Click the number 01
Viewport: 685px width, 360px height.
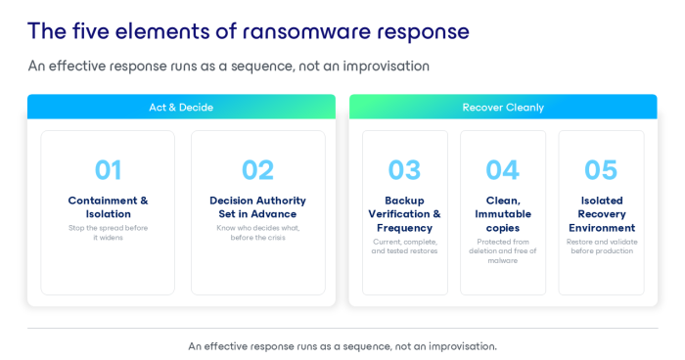pyautogui.click(x=108, y=170)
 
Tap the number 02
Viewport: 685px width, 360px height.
pyautogui.click(x=257, y=170)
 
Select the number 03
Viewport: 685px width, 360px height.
pyautogui.click(x=404, y=170)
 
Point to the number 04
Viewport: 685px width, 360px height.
pyautogui.click(x=502, y=170)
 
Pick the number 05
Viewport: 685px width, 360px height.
pyautogui.click(x=601, y=170)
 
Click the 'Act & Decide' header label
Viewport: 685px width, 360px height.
pyautogui.click(x=181, y=108)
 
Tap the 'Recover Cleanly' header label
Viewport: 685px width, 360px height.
pyautogui.click(x=503, y=108)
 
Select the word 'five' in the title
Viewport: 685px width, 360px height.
pyautogui.click(x=90, y=31)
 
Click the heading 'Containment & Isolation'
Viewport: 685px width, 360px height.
pyautogui.click(x=108, y=207)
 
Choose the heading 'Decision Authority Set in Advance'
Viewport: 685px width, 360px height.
pyautogui.click(x=257, y=207)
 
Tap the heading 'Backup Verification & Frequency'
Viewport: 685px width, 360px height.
pyautogui.click(x=404, y=214)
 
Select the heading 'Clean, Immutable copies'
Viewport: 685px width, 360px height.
pyautogui.click(x=503, y=214)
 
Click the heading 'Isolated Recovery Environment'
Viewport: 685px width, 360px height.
pyautogui.click(x=602, y=214)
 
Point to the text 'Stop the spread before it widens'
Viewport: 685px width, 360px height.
pyautogui.click(x=108, y=233)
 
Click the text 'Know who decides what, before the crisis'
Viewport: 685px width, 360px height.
pyautogui.click(x=257, y=233)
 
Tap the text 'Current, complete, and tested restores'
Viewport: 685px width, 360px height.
pyautogui.click(x=404, y=247)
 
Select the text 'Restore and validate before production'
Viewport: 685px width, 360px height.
pyautogui.click(x=602, y=247)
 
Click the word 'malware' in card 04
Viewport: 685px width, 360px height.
pyautogui.click(x=502, y=261)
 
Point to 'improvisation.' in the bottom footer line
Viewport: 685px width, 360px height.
pyautogui.click(x=463, y=346)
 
